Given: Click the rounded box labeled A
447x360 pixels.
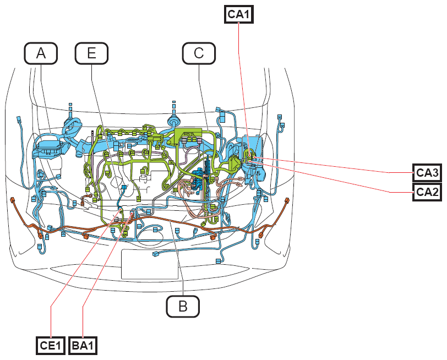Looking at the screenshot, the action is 41,53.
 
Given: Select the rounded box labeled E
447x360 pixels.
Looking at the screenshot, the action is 91,53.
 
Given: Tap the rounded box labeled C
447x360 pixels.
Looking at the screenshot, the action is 199,53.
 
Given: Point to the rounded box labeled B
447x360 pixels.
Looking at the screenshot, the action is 183,307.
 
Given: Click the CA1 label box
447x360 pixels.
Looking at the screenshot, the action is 238,14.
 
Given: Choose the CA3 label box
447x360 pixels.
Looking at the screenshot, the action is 427,172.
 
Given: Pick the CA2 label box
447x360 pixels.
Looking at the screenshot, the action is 427,192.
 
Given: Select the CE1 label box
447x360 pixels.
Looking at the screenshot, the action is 51,346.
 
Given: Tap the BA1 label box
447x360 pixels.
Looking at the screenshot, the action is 83,346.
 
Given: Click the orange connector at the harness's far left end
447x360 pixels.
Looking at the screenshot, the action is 13,200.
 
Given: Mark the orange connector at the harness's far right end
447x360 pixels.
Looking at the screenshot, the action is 286,200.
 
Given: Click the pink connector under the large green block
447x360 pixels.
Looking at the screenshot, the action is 199,140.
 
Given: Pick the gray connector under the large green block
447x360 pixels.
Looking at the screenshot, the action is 184,140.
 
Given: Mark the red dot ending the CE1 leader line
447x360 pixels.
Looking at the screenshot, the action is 122,210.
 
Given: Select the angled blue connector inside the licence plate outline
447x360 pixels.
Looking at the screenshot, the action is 156,254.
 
